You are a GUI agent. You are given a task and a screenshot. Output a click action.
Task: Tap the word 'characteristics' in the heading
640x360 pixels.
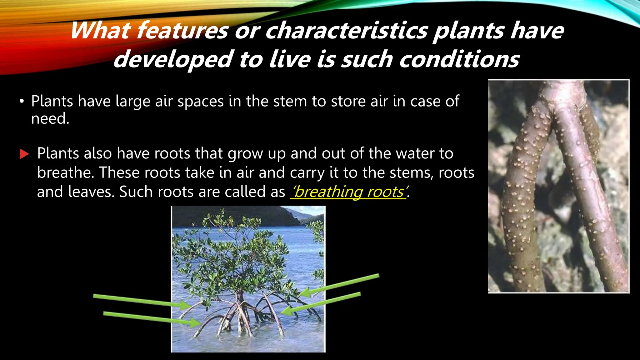pyautogui.click(x=347, y=31)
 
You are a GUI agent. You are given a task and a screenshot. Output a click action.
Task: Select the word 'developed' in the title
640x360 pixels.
pyautogui.click(x=172, y=59)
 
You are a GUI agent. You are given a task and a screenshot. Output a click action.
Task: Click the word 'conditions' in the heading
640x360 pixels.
pyautogui.click(x=459, y=59)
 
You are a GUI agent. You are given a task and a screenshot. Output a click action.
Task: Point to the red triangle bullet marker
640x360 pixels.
pyautogui.click(x=24, y=154)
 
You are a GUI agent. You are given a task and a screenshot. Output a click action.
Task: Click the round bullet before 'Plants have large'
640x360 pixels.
pyautogui.click(x=21, y=102)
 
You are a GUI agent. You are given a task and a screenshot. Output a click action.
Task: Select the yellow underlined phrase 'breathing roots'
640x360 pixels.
pyautogui.click(x=348, y=192)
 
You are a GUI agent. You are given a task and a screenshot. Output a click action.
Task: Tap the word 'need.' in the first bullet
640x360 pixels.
pyautogui.click(x=50, y=119)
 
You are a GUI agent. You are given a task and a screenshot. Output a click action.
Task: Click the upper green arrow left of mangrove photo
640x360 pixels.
pyautogui.click(x=137, y=300)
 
